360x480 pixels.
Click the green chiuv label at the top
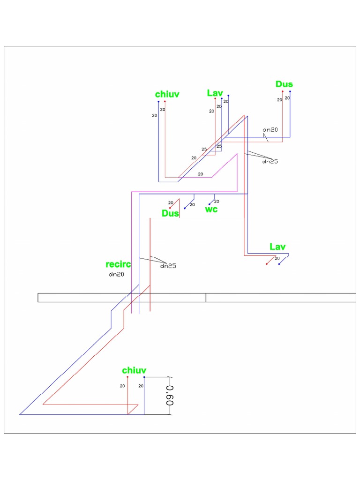click(167, 94)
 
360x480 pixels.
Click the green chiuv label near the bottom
click(135, 370)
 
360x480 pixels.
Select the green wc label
click(211, 209)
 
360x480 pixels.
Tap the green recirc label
click(118, 265)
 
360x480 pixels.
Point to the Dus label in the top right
click(284, 84)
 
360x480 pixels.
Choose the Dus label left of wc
click(170, 213)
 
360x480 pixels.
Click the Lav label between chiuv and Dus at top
click(215, 93)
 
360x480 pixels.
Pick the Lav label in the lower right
click(277, 247)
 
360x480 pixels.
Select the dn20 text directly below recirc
click(116, 275)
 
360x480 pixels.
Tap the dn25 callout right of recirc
click(168, 266)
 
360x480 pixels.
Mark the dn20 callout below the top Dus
click(270, 129)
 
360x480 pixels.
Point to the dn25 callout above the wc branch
click(270, 162)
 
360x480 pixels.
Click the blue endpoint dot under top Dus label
click(290, 91)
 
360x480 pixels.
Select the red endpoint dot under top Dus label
click(283, 91)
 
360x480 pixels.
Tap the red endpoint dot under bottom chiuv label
click(127, 377)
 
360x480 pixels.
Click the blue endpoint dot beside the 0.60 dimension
click(144, 377)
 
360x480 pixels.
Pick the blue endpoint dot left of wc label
click(185, 208)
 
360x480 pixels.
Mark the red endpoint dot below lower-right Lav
click(267, 264)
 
